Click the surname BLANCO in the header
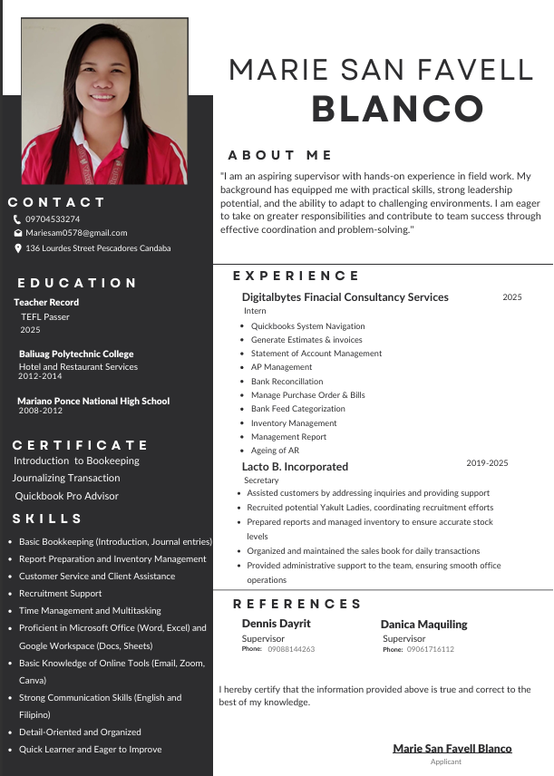pyautogui.click(x=397, y=109)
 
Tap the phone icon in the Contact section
pyautogui.click(x=17, y=219)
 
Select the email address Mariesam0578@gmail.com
pyautogui.click(x=76, y=233)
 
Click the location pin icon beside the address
pyautogui.click(x=17, y=247)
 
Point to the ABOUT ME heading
pyautogui.click(x=280, y=155)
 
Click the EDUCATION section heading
pyautogui.click(x=77, y=283)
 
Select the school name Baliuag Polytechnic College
pyautogui.click(x=76, y=354)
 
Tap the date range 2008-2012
pyautogui.click(x=40, y=411)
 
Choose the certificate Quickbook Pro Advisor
pyautogui.click(x=67, y=496)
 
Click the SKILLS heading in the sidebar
pyautogui.click(x=48, y=519)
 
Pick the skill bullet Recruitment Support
pyautogui.click(x=60, y=593)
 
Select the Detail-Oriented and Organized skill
pyautogui.click(x=80, y=732)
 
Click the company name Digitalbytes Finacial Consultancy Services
pyautogui.click(x=345, y=296)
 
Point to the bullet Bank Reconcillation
pyautogui.click(x=287, y=382)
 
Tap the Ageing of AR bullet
pyautogui.click(x=275, y=451)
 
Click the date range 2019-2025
pyautogui.click(x=487, y=463)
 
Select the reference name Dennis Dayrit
pyautogui.click(x=276, y=624)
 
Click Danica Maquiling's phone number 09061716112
pyautogui.click(x=430, y=649)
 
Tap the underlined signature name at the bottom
pyautogui.click(x=452, y=748)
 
